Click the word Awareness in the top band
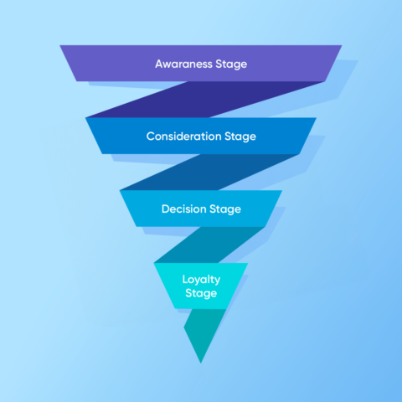(183, 64)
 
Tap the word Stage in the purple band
(231, 64)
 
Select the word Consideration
(183, 137)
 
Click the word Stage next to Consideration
(240, 137)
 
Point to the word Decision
(184, 209)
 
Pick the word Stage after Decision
(225, 209)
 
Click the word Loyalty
(201, 280)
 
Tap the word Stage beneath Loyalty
(201, 293)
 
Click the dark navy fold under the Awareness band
(205, 100)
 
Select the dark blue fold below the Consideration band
(209, 172)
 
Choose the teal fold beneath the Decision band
(209, 245)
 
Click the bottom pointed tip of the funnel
(201, 363)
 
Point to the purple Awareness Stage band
(201, 64)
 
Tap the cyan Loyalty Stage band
(201, 286)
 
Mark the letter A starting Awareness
(159, 64)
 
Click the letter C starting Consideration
(151, 137)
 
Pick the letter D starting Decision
(166, 209)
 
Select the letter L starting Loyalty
(185, 279)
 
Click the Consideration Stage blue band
(201, 136)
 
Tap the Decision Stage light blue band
(201, 209)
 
